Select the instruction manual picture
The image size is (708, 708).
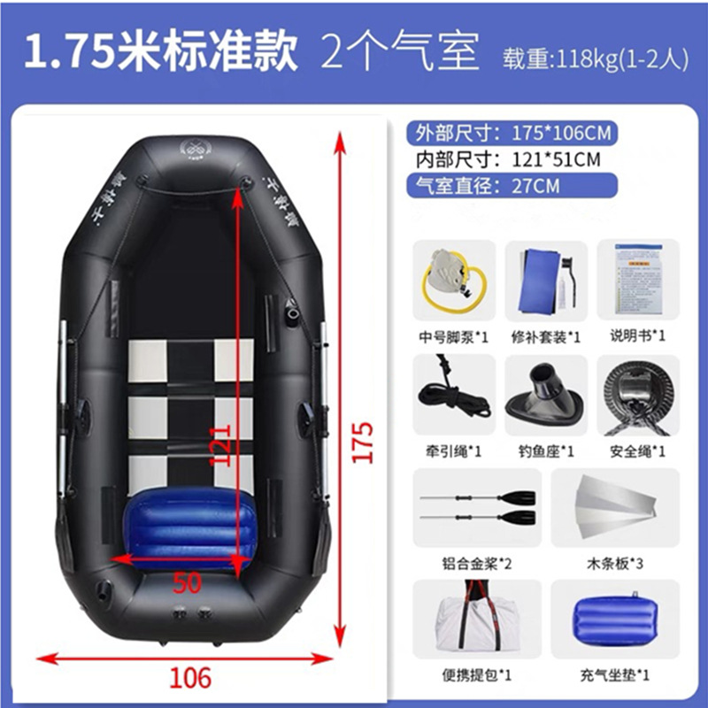[x=638, y=278]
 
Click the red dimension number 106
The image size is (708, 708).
[x=190, y=677]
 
